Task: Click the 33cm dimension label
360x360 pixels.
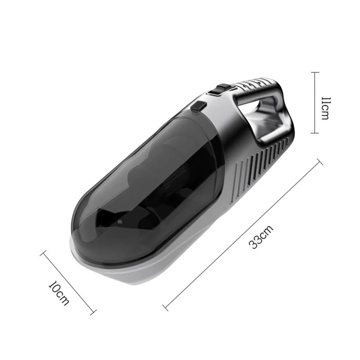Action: (x=261, y=237)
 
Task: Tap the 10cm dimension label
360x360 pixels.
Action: (x=59, y=293)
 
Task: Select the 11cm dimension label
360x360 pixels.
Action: (x=326, y=108)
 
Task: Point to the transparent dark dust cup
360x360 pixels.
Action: (x=147, y=186)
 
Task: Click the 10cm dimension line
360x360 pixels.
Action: (x=68, y=282)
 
